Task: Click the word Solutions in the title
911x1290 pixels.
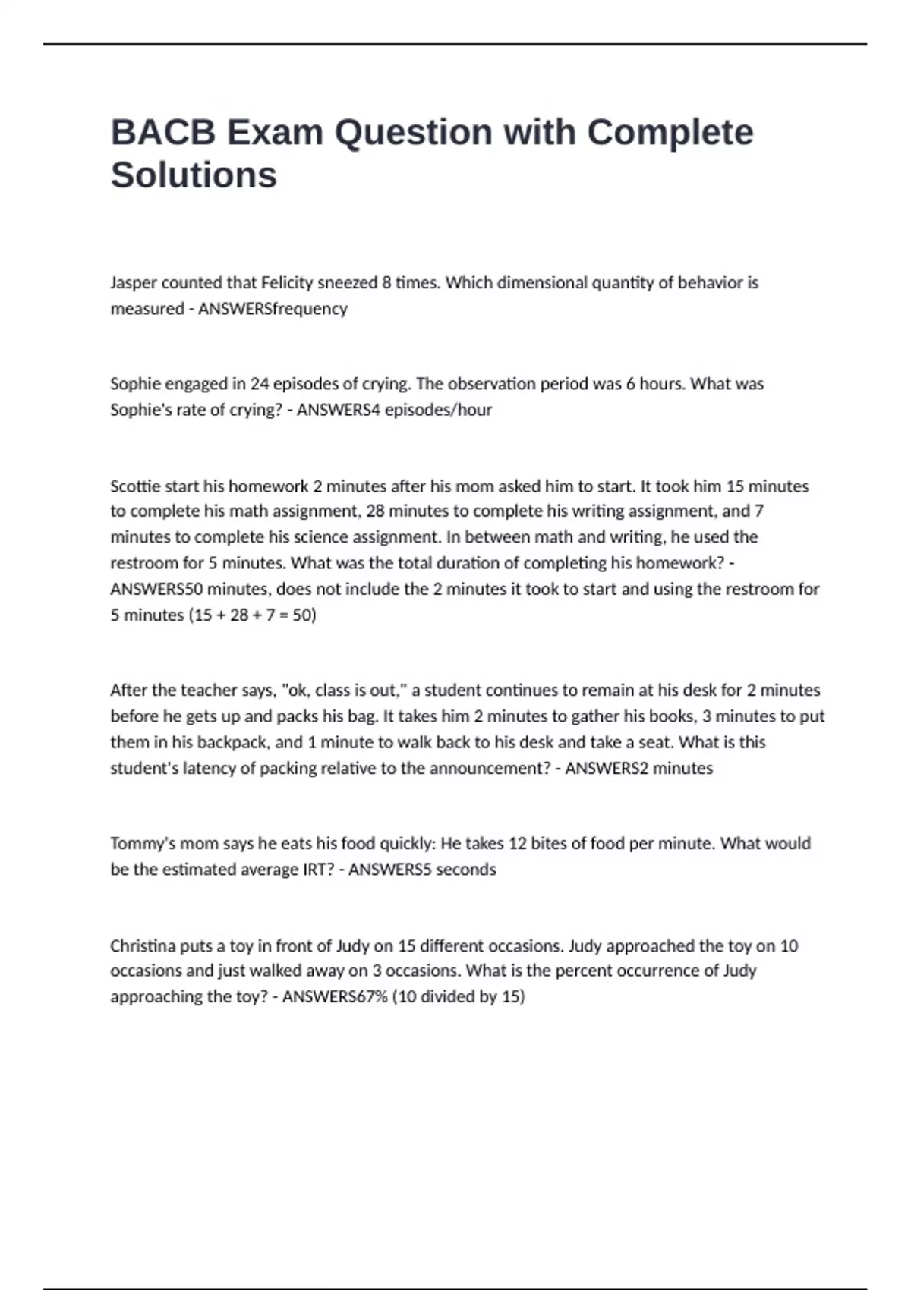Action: pos(194,175)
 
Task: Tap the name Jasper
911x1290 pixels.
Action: pos(133,283)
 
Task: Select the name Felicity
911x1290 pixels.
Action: pos(287,283)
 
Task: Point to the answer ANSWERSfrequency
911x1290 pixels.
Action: pos(273,309)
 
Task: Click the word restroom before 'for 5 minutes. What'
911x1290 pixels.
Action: pos(145,563)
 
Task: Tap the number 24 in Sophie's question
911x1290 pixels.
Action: pos(260,384)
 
